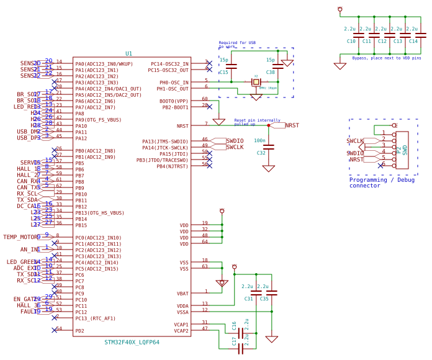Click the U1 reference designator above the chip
coord(128,54)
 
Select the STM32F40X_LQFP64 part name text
coord(132,342)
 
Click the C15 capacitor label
coord(223,73)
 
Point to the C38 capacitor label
coord(270,73)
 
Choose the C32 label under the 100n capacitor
coord(261,153)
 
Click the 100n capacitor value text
coord(259,141)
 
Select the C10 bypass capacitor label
coord(351,41)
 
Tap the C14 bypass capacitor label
coord(413,41)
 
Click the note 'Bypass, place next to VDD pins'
coord(386,58)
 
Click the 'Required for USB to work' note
coord(236,45)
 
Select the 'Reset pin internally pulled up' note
coord(257,122)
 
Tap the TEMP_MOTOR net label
coord(20,236)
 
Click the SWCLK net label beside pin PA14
coord(235,147)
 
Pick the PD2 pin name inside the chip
coord(79,331)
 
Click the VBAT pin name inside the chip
coord(182,294)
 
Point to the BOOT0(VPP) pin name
coord(174,101)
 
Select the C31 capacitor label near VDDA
coord(248,299)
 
